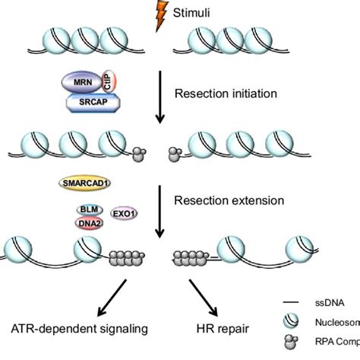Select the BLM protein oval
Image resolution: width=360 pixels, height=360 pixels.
(87, 209)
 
